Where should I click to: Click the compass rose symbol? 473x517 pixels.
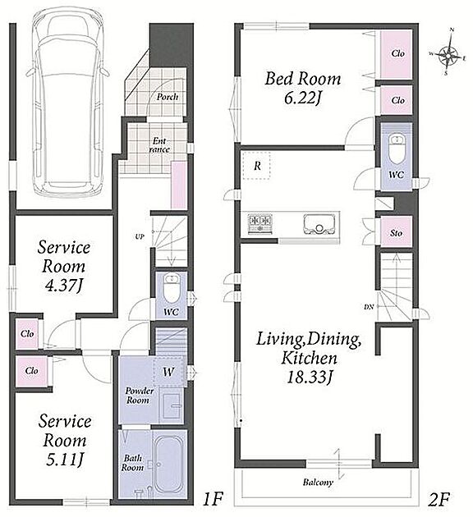(448, 53)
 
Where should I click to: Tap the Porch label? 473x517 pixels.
(168, 97)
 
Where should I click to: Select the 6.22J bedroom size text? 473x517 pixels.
(303, 98)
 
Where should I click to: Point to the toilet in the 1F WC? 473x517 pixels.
(171, 288)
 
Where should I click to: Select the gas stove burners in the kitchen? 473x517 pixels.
(260, 223)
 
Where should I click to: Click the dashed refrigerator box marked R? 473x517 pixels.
(257, 166)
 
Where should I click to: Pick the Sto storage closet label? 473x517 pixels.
(396, 233)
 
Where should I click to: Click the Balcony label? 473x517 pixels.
(318, 483)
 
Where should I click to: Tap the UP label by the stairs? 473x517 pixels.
(140, 236)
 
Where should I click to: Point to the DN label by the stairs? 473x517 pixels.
(369, 307)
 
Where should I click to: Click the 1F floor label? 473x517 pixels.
(213, 499)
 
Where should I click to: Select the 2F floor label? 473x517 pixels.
(439, 499)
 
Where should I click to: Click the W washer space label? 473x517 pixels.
(168, 373)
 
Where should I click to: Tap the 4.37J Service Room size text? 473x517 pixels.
(64, 286)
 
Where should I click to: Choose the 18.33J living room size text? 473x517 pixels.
(309, 377)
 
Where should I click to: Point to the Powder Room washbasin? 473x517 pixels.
(172, 405)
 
